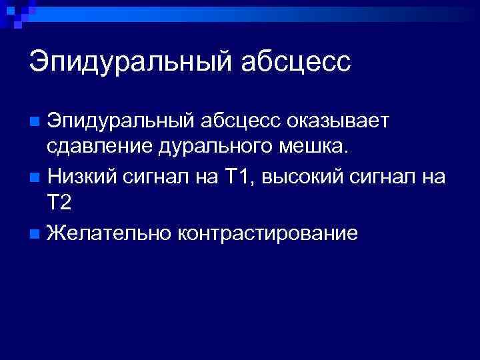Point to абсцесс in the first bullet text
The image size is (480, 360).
pos(244,122)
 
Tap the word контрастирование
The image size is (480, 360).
pos(267,233)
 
